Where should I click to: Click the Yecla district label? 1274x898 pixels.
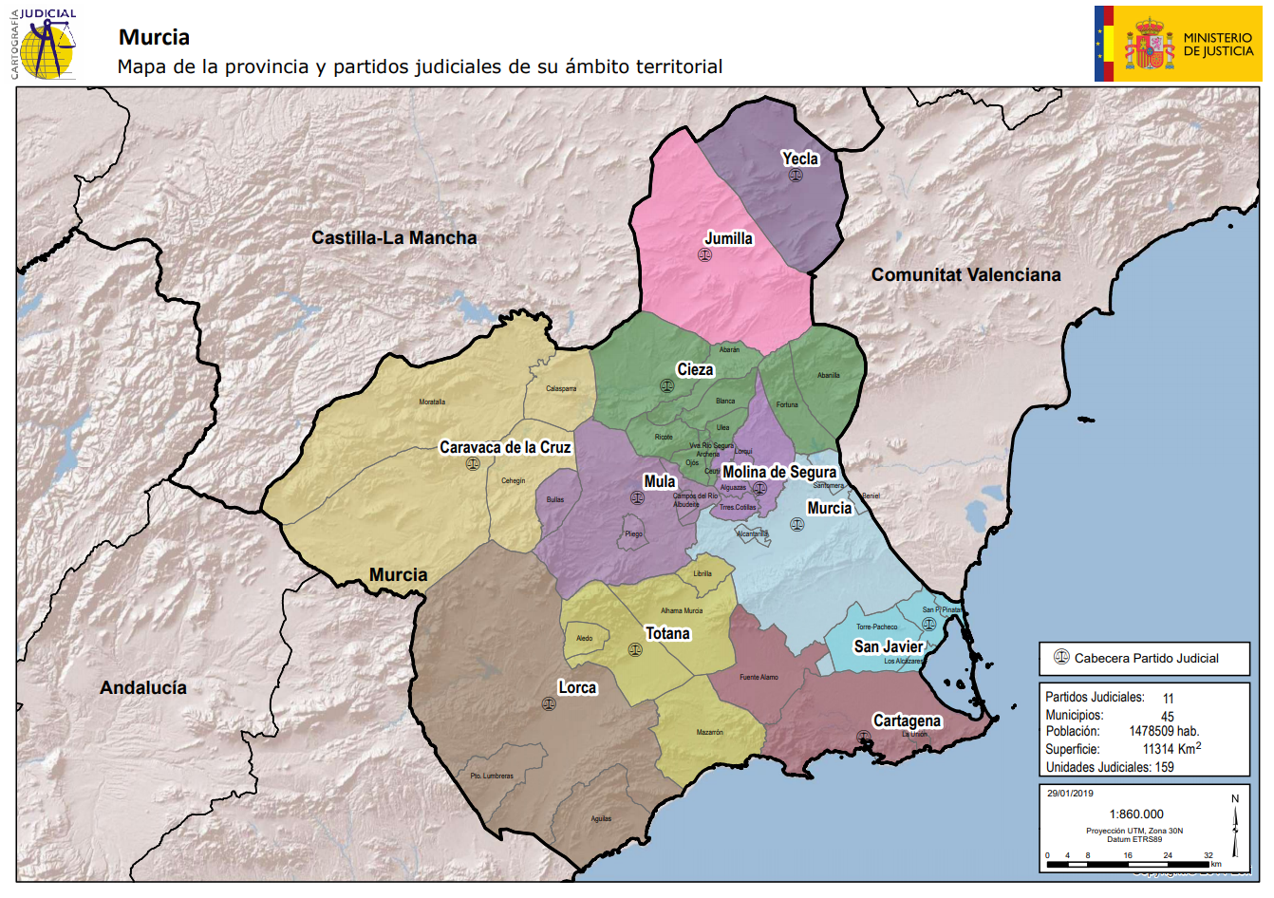click(x=799, y=159)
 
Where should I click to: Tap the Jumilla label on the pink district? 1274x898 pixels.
click(x=728, y=238)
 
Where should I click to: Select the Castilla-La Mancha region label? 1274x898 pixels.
click(x=394, y=238)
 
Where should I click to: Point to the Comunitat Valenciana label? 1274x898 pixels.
click(x=965, y=275)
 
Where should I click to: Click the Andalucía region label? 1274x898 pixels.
click(x=143, y=688)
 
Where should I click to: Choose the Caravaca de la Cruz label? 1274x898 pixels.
click(x=505, y=447)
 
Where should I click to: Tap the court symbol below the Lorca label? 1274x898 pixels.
click(x=548, y=703)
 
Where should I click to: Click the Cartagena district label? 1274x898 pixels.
click(x=907, y=720)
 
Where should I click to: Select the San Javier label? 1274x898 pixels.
click(x=889, y=646)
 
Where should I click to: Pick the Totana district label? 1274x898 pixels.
click(x=667, y=633)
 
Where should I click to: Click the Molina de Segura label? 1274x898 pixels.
click(x=779, y=472)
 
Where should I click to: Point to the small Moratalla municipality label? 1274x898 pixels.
click(x=432, y=402)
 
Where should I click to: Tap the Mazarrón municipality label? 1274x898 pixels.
click(x=709, y=733)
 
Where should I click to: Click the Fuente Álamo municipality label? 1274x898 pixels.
click(x=759, y=678)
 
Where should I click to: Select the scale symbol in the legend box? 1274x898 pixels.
click(x=1061, y=657)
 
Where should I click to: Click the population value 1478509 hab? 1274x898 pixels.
click(x=1164, y=732)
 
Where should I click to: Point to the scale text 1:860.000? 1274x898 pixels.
click(x=1135, y=814)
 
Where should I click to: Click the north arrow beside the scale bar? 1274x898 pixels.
click(x=1235, y=825)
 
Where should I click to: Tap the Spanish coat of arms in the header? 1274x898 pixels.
click(x=1149, y=45)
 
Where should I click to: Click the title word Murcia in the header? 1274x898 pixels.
click(x=154, y=38)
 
